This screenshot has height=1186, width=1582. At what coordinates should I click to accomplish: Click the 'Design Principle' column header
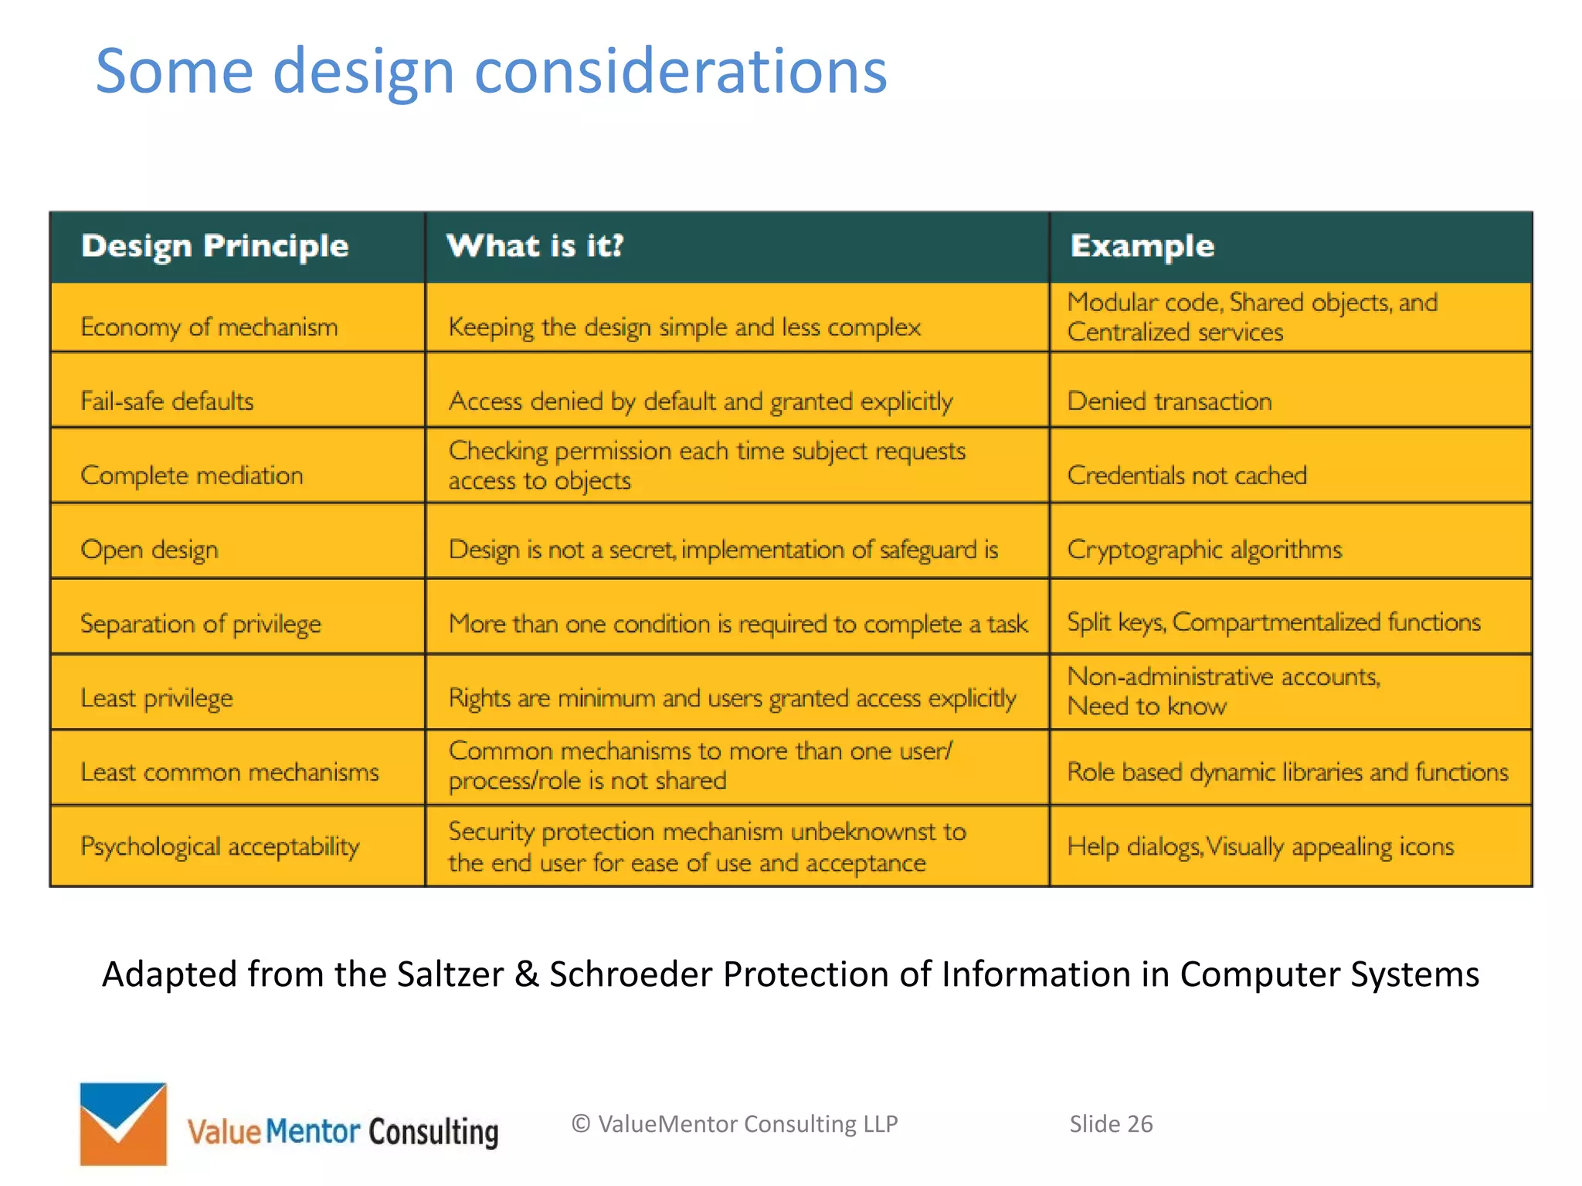(215, 246)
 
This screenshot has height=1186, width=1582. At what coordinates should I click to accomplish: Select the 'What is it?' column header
(535, 246)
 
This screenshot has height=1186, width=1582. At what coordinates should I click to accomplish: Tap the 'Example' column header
(1142, 246)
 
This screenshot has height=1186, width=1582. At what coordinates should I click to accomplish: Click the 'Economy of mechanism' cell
(209, 327)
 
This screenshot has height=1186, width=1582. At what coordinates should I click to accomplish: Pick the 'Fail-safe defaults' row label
(167, 401)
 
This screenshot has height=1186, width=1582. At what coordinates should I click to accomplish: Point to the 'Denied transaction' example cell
(1169, 401)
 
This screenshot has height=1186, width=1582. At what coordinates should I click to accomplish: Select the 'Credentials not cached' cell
(1186, 475)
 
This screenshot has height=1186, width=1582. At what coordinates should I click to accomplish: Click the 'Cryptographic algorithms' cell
(1203, 549)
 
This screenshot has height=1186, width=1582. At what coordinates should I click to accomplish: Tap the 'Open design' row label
(149, 549)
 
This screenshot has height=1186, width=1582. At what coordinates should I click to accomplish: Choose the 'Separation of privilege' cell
(200, 623)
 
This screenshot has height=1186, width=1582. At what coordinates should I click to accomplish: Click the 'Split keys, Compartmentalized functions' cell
(1273, 622)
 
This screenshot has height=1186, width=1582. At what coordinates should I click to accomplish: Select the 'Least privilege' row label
(156, 697)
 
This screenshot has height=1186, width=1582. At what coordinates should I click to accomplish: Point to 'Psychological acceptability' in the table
(219, 846)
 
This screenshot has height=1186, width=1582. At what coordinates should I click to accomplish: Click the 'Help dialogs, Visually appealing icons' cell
(1260, 846)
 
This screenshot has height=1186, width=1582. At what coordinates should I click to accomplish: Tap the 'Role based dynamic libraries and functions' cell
(1287, 771)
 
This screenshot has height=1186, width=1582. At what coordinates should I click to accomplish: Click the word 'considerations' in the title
(680, 71)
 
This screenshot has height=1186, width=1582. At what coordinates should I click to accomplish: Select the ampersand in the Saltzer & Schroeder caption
(526, 974)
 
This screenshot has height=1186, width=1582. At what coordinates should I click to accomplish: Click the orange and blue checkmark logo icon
(123, 1123)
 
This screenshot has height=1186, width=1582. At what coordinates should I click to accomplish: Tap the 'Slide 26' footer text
(1110, 1123)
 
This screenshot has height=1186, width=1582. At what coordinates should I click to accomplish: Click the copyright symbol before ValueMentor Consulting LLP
(581, 1124)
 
